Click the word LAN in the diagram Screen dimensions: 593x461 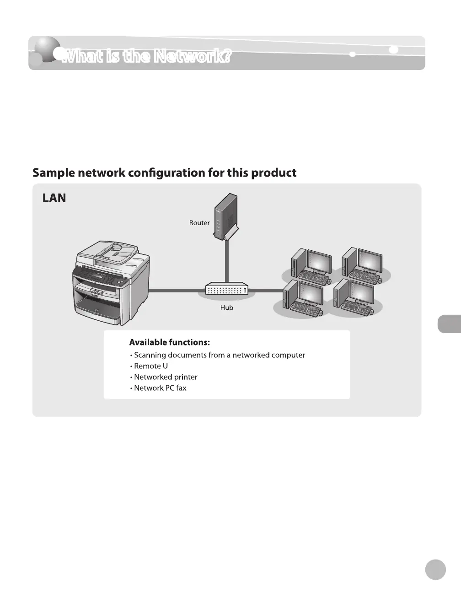pyautogui.click(x=54, y=198)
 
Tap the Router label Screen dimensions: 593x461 pyautogui.click(x=199, y=223)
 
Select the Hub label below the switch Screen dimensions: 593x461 pyautogui.click(x=226, y=308)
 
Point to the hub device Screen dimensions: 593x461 pyautogui.click(x=227, y=290)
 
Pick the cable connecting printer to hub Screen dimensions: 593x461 pyautogui.click(x=177, y=290)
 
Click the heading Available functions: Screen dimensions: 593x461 pyautogui.click(x=169, y=342)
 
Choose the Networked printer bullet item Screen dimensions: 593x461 pyautogui.click(x=165, y=377)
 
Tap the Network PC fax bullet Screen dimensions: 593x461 pyautogui.click(x=160, y=388)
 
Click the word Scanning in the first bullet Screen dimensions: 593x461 pyautogui.click(x=150, y=355)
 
